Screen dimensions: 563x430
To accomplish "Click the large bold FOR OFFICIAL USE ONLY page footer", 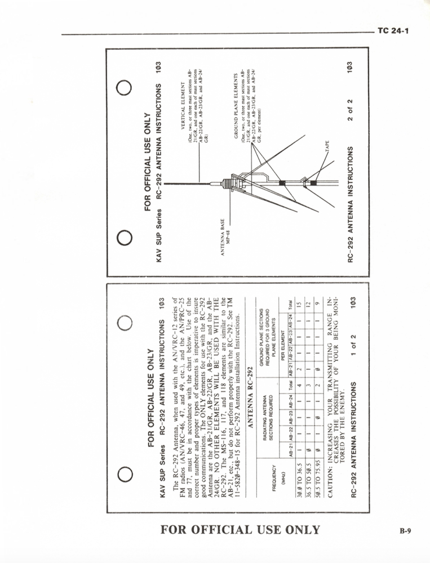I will [240, 530].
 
